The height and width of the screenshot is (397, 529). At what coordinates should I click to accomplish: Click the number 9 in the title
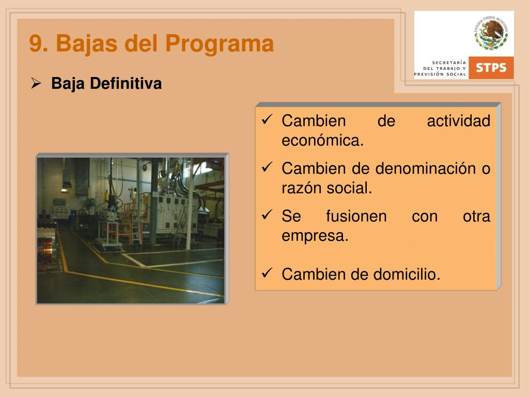tap(36, 43)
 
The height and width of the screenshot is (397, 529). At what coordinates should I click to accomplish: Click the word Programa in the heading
tap(219, 43)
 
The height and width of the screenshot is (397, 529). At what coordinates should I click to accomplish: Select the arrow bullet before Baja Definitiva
tap(36, 83)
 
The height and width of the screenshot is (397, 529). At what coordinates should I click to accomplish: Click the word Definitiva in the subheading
tap(126, 83)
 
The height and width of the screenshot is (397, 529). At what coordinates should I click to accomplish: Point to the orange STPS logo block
tap(491, 68)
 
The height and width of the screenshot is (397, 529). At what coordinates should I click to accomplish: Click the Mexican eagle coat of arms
tap(491, 33)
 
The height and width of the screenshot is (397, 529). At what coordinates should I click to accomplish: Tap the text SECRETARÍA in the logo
tap(449, 63)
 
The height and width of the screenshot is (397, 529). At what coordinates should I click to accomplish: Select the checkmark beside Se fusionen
tap(267, 214)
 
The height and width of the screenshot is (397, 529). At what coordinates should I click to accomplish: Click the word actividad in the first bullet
tap(459, 120)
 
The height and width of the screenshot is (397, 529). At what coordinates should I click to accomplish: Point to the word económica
tap(322, 141)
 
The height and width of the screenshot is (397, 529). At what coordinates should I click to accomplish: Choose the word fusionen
tap(356, 216)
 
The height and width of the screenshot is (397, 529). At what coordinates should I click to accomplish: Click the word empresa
tap(315, 236)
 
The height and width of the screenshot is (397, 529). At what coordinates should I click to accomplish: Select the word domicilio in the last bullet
tap(407, 274)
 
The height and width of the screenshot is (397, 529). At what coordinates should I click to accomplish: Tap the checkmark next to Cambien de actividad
tap(267, 119)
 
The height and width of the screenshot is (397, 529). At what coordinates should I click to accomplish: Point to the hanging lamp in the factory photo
tap(65, 190)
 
